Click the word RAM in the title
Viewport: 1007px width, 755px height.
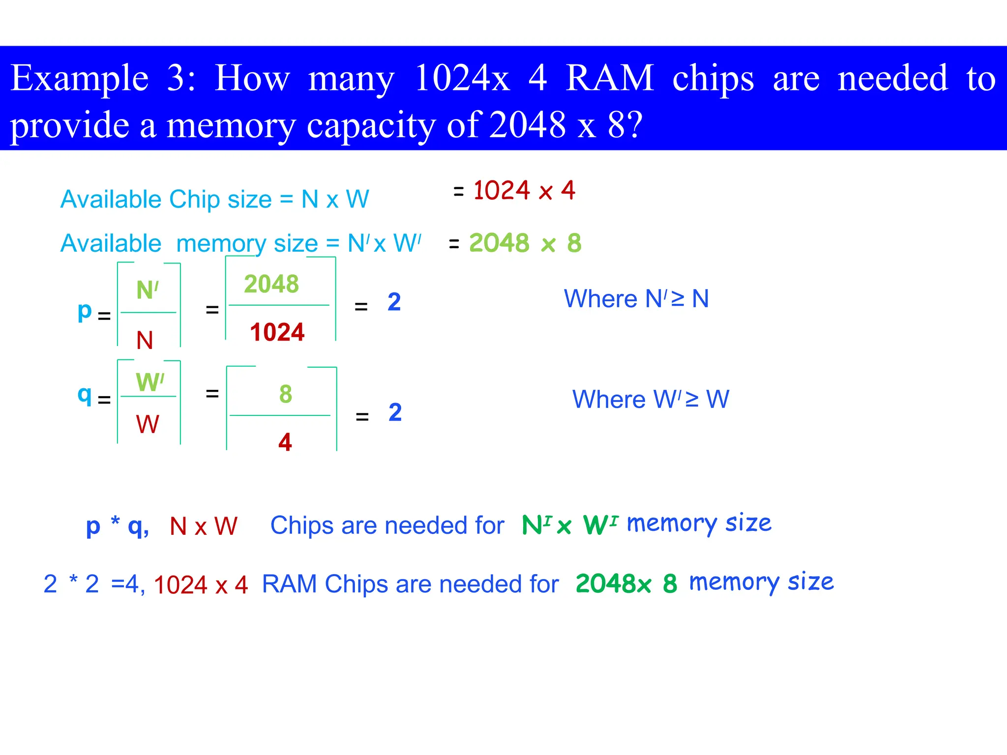[x=610, y=79]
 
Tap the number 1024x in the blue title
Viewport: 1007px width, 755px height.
[x=462, y=79]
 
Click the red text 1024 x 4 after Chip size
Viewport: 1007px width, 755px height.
[x=524, y=191]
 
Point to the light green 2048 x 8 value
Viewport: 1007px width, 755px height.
[x=525, y=243]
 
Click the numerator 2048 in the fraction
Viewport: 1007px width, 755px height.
[x=271, y=284]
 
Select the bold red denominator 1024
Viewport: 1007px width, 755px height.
[x=277, y=332]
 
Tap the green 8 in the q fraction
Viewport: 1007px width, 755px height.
[x=286, y=394]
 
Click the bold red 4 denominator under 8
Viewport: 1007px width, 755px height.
[x=285, y=442]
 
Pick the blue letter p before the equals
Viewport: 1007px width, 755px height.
[x=85, y=312]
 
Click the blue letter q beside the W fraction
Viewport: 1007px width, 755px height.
[x=85, y=395]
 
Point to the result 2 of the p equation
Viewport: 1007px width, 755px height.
[x=394, y=302]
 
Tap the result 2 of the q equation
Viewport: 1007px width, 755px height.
[x=395, y=412]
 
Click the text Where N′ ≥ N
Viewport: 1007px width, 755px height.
[x=636, y=299]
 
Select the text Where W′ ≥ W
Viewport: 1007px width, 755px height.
[x=651, y=399]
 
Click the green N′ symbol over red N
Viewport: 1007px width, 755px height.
[x=148, y=290]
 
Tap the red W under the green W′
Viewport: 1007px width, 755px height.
[x=148, y=424]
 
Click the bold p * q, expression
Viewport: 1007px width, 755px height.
[x=117, y=525]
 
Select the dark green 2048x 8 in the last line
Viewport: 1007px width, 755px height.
[x=626, y=584]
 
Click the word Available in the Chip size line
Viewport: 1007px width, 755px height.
[x=111, y=200]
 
